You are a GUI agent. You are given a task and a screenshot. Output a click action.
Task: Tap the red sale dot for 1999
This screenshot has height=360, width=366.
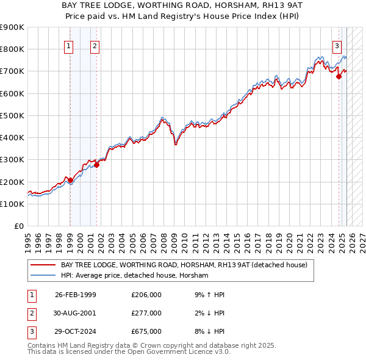tap(70, 180)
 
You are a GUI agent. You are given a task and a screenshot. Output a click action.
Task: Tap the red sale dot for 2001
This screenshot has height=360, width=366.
tap(96, 165)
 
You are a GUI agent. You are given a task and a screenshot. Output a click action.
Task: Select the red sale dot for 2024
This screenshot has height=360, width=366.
tap(339, 76)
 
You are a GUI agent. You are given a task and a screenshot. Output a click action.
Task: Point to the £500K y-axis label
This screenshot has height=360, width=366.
tap(13, 115)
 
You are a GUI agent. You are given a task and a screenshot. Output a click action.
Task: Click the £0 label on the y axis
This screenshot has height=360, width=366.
tap(18, 226)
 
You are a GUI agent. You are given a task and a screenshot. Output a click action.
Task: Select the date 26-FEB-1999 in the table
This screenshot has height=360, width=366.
tap(75, 295)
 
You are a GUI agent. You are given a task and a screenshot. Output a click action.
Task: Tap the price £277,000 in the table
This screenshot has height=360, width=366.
tap(146, 313)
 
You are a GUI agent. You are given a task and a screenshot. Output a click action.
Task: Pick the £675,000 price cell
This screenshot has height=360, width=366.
tap(146, 331)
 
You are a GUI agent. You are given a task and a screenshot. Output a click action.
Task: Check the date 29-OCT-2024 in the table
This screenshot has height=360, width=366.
tap(75, 331)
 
